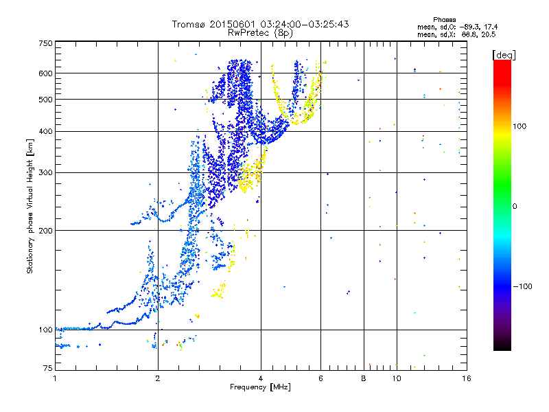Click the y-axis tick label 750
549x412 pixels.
pos(45,43)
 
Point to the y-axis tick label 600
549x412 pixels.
pos(45,73)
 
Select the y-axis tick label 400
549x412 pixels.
pos(45,131)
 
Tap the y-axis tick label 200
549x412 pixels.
pos(45,230)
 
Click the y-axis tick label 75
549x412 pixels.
pos(47,369)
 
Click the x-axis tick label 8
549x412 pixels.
pos(364,378)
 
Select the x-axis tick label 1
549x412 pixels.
pos(55,378)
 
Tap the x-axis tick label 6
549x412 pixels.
pos(320,378)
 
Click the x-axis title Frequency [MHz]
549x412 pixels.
pos(261,388)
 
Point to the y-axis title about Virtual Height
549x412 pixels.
pos(30,206)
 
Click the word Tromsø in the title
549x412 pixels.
pos(189,25)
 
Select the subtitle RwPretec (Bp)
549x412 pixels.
pos(261,32)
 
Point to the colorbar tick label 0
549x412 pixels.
pos(515,206)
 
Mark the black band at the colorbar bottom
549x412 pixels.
pos(502,343)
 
